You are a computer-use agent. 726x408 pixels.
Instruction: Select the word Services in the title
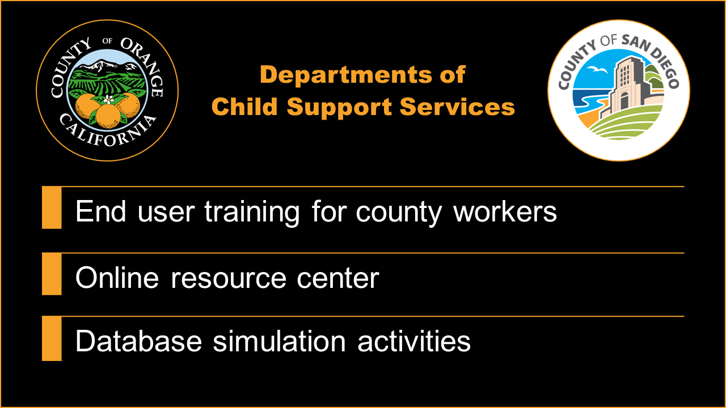(458, 107)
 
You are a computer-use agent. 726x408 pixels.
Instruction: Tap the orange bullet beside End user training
(52, 207)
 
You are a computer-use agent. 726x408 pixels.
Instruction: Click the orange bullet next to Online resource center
(52, 274)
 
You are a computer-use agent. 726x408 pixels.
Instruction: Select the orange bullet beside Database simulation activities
(52, 339)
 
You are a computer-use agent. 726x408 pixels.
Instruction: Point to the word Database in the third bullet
(138, 341)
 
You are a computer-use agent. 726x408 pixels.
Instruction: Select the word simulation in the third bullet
(279, 341)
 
